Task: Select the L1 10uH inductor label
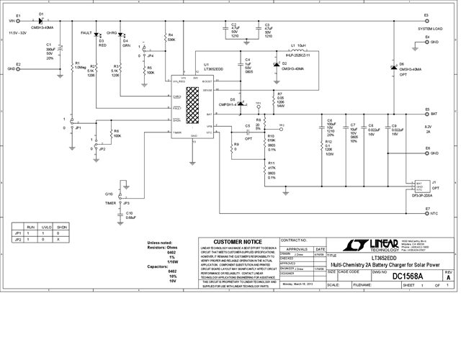(295, 45)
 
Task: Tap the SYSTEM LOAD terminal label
(431, 29)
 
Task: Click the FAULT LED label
(86, 34)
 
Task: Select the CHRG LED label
(112, 34)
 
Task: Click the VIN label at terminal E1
(12, 21)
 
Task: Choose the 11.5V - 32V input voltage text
(18, 33)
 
